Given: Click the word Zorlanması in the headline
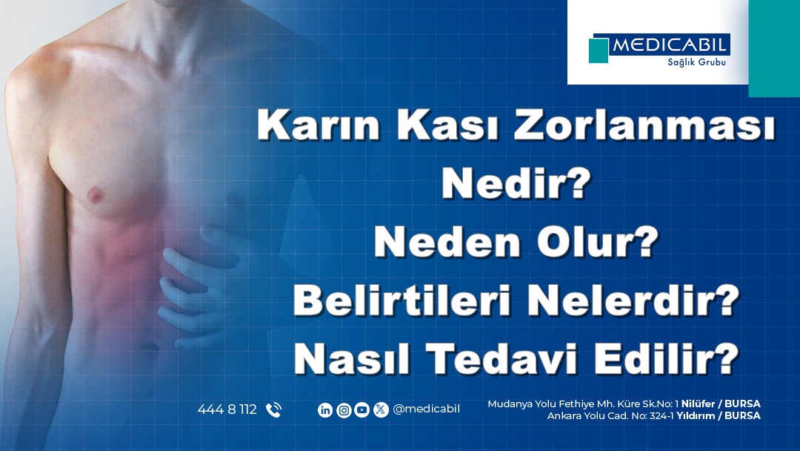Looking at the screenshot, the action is point(645,125).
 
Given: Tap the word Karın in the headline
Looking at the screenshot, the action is point(319,125).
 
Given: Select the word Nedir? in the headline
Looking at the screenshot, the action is point(516,183).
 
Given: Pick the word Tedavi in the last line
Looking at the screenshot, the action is point(502,359).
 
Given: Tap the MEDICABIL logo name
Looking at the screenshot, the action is point(669,45).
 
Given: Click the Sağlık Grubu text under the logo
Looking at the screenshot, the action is point(696,62).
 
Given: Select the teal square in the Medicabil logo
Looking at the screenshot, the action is point(599,50).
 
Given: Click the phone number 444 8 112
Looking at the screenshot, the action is point(227,409).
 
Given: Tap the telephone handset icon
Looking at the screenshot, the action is point(274,409).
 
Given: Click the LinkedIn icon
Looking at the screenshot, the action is point(325,409).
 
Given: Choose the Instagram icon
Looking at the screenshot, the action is point(344,409).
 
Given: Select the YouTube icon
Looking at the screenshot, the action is point(361,409).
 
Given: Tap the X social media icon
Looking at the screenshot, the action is point(381,409).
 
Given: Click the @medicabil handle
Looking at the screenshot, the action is point(426,409).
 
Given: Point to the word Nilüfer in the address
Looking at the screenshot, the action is point(698,404).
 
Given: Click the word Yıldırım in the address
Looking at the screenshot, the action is point(696,415).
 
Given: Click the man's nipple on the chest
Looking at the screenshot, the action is point(94,194).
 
